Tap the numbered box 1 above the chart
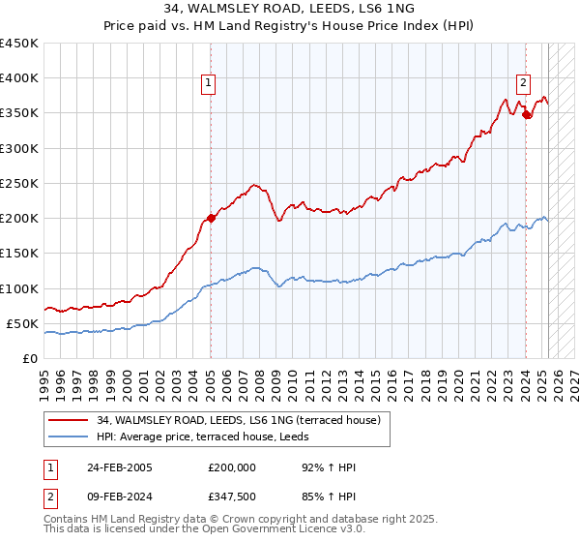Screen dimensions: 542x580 click(210, 83)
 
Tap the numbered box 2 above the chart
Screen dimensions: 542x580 click(523, 83)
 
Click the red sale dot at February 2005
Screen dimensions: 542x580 click(211, 218)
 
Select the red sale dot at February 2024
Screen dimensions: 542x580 click(526, 115)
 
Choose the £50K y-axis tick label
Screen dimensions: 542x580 click(22, 323)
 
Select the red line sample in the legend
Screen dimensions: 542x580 click(70, 420)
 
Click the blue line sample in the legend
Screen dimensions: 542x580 click(70, 437)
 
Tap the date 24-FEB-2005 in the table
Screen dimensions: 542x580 click(120, 467)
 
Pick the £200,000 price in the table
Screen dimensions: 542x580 click(232, 467)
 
